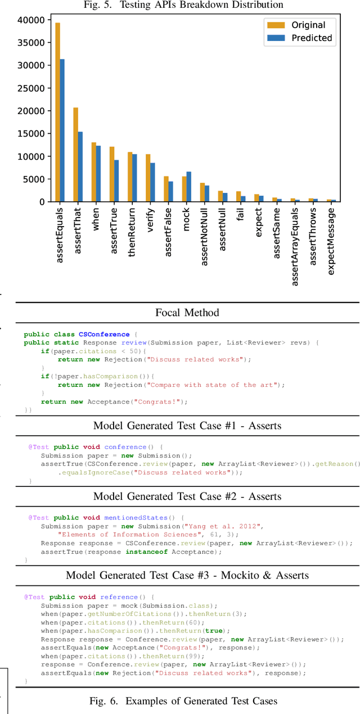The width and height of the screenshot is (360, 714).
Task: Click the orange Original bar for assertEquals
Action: [x=57, y=112]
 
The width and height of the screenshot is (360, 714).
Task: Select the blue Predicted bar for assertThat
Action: [x=80, y=166]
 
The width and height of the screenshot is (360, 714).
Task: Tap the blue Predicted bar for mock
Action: [x=188, y=187]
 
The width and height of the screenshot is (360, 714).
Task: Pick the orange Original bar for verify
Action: [x=148, y=178]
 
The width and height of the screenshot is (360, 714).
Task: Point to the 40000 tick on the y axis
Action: [x=29, y=20]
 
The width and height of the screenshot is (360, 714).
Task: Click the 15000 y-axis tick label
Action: [x=29, y=133]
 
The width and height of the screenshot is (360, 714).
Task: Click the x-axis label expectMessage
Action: [x=331, y=242]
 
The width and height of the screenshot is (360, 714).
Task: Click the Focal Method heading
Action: [x=187, y=312]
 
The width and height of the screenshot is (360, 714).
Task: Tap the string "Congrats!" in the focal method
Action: [x=167, y=401]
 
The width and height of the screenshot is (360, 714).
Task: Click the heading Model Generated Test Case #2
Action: [x=187, y=496]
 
